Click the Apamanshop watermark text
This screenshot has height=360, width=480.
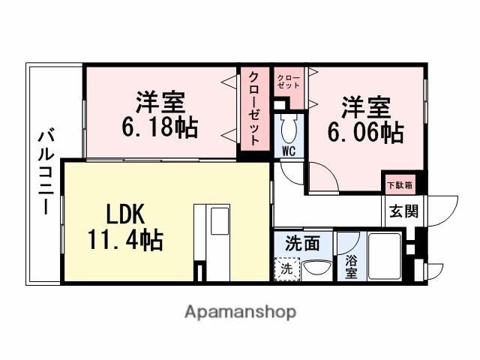(x=240, y=311)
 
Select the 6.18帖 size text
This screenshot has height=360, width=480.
(x=160, y=126)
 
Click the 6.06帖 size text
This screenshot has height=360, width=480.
(x=365, y=132)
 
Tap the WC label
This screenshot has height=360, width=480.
(x=289, y=150)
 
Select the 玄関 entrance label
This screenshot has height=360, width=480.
(x=403, y=211)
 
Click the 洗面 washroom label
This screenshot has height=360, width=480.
(x=303, y=243)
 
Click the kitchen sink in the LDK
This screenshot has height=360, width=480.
(x=220, y=222)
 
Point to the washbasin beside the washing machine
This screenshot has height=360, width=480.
(x=316, y=269)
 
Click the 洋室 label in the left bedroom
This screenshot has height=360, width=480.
(x=160, y=101)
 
